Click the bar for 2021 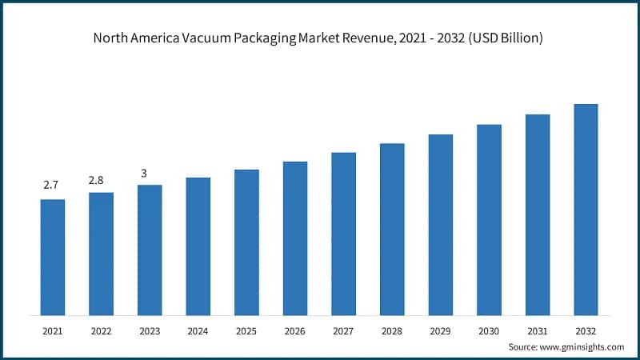[53, 257]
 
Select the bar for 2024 [198, 246]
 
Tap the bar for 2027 [343, 234]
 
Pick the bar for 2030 [489, 219]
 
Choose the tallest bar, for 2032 [586, 209]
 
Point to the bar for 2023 [150, 250]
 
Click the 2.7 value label [51, 186]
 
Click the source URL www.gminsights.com [581, 347]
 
